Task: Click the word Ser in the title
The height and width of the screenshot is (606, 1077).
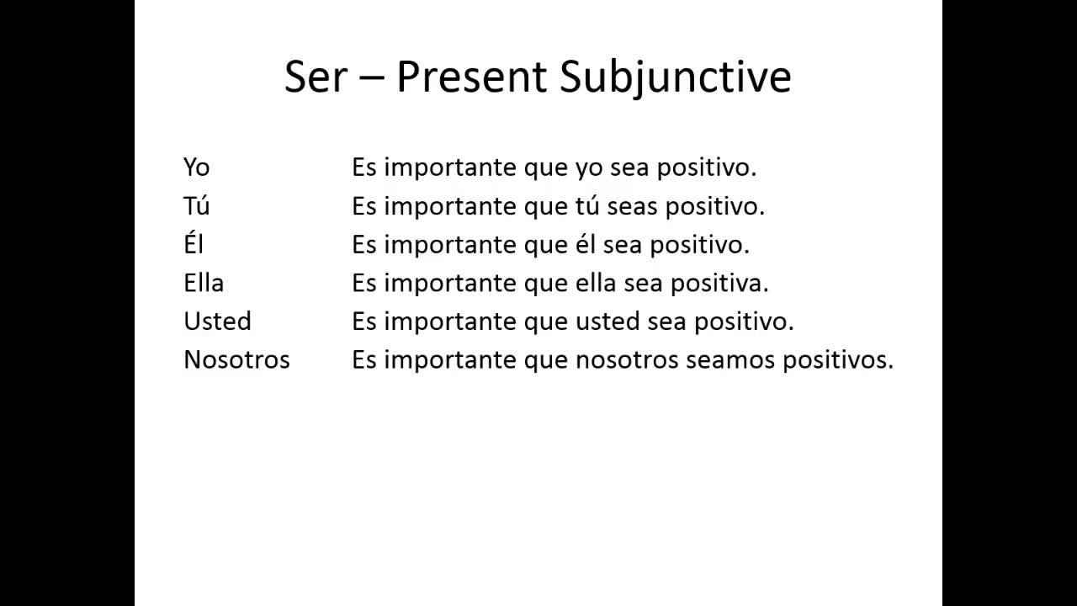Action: [x=316, y=77]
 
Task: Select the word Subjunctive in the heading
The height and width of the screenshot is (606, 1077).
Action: [x=675, y=79]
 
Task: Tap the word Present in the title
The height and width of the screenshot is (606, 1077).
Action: [x=471, y=77]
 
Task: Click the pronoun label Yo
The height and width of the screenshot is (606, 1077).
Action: [x=196, y=167]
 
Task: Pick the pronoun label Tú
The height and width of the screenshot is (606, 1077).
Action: [x=196, y=205]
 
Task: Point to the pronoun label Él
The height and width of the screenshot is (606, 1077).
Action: [x=194, y=243]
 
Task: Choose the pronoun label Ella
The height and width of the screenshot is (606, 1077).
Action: [x=204, y=282]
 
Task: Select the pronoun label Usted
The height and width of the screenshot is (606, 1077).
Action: [x=217, y=321]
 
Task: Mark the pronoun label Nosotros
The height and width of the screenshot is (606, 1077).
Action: [x=236, y=359]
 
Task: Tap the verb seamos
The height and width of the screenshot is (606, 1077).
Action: [x=730, y=361]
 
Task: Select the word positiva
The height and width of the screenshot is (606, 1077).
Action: [x=719, y=284]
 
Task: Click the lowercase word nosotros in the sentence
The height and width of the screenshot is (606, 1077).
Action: [x=627, y=360]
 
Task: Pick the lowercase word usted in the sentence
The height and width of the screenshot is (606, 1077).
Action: [x=607, y=322]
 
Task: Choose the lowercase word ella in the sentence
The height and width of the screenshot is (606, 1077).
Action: [x=596, y=283]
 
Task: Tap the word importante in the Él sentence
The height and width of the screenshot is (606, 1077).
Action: [x=450, y=245]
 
